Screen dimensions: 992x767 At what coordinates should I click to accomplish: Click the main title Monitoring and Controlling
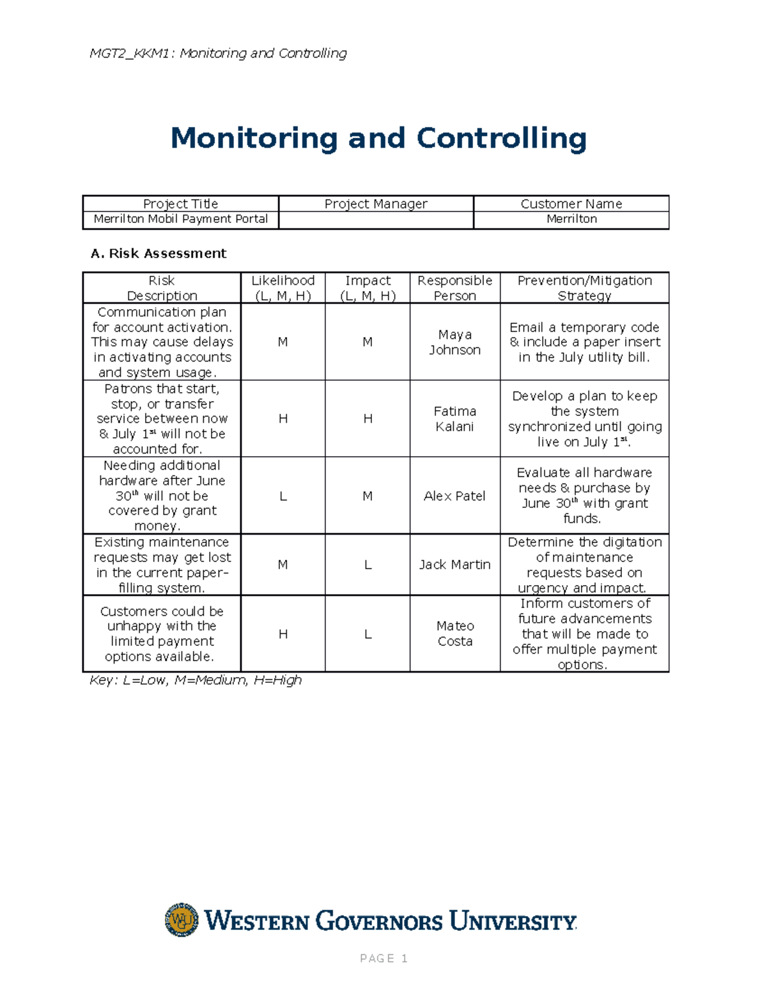(x=378, y=138)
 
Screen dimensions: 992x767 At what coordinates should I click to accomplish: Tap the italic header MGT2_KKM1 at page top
(x=218, y=53)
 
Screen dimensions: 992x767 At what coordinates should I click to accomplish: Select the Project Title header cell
(x=181, y=204)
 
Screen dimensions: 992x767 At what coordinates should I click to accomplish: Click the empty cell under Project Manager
(x=376, y=220)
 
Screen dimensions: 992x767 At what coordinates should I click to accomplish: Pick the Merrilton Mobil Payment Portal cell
(x=181, y=219)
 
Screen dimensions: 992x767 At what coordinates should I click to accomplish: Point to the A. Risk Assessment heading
(x=159, y=254)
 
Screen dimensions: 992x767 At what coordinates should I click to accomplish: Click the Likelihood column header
(x=283, y=288)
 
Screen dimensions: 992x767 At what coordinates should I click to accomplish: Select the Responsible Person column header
(x=454, y=288)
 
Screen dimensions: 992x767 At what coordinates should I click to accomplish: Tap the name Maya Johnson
(x=454, y=342)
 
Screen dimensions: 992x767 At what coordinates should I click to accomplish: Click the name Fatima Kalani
(x=454, y=419)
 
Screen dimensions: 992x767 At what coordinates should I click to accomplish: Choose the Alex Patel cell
(x=454, y=496)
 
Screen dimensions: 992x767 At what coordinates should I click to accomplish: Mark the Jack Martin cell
(x=454, y=565)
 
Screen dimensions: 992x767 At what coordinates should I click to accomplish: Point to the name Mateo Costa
(x=454, y=634)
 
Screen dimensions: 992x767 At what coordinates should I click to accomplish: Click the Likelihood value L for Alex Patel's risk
(x=283, y=496)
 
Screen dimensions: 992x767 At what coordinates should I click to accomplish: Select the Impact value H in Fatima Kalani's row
(x=368, y=419)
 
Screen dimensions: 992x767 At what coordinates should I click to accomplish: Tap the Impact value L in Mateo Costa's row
(x=368, y=634)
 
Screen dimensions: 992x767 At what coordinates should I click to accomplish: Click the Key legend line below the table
(x=195, y=680)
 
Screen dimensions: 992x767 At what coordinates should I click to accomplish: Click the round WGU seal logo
(x=182, y=920)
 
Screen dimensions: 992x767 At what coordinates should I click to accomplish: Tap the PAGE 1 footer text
(x=383, y=958)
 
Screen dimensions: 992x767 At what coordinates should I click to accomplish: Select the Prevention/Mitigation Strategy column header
(x=584, y=288)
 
